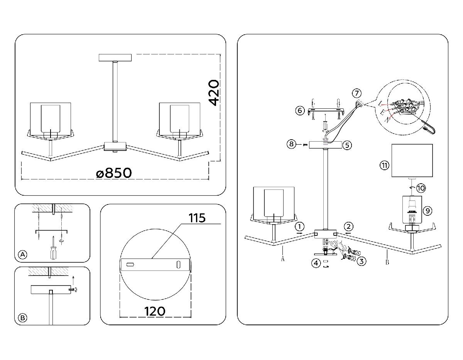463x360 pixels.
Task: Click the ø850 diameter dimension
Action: [x=114, y=173]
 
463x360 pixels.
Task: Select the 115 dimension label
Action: [x=197, y=218]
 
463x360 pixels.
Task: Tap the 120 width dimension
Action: [x=155, y=311]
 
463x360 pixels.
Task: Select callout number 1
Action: [x=301, y=226]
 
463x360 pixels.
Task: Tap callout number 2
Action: [x=348, y=226]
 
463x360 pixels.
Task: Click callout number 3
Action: [x=361, y=261]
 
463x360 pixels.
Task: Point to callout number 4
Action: [x=316, y=264]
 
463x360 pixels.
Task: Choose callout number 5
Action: [x=347, y=145]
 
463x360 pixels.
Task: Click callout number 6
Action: [x=300, y=111]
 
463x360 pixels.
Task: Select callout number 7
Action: [x=357, y=93]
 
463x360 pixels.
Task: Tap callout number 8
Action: [x=292, y=144]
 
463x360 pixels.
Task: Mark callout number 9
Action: [x=427, y=211]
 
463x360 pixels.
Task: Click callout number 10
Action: [x=421, y=188]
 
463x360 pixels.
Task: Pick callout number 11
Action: [x=384, y=166]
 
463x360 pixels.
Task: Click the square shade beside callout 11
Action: [x=412, y=161]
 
